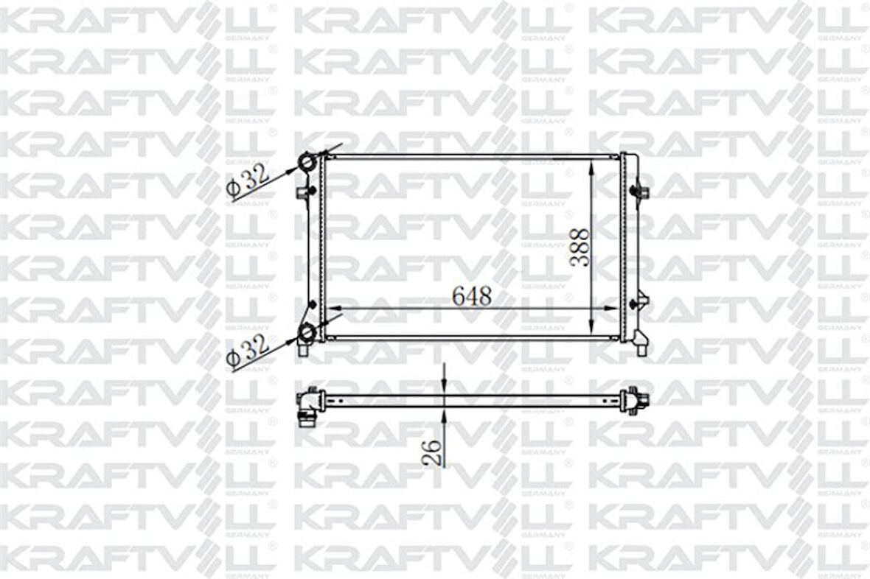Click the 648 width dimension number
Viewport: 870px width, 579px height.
[x=472, y=296]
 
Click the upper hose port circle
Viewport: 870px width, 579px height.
[x=308, y=161]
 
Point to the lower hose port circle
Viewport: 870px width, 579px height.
[x=308, y=334]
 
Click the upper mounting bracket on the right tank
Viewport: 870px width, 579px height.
[x=641, y=192]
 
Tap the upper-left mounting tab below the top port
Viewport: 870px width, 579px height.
[x=304, y=193]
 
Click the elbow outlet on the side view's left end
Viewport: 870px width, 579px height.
[x=308, y=409]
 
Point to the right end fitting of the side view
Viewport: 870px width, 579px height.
[x=633, y=401]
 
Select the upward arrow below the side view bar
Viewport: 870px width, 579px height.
[x=445, y=417]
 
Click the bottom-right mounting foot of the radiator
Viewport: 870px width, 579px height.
[x=640, y=345]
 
